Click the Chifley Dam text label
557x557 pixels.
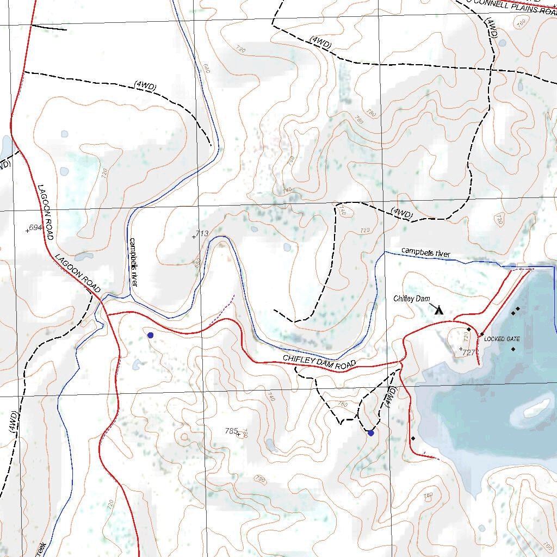pyautogui.click(x=412, y=299)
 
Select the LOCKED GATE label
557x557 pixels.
pyautogui.click(x=502, y=339)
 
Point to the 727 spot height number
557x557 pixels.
pyautogui.click(x=469, y=352)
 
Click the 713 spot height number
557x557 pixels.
pyautogui.click(x=202, y=233)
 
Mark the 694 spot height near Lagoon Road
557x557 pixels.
pyautogui.click(x=36, y=227)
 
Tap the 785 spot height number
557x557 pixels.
pyautogui.click(x=232, y=431)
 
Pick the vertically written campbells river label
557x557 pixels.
pyautogui.click(x=134, y=261)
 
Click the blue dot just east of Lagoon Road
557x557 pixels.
pyautogui.click(x=150, y=336)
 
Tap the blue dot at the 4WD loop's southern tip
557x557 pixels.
pyautogui.click(x=370, y=433)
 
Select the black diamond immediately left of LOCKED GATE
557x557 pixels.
pyautogui.click(x=482, y=334)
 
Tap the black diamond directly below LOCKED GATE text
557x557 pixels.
pyautogui.click(x=513, y=349)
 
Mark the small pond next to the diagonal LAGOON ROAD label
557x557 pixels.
pyautogui.click(x=84, y=256)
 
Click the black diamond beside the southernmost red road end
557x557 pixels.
pyautogui.click(x=413, y=438)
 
